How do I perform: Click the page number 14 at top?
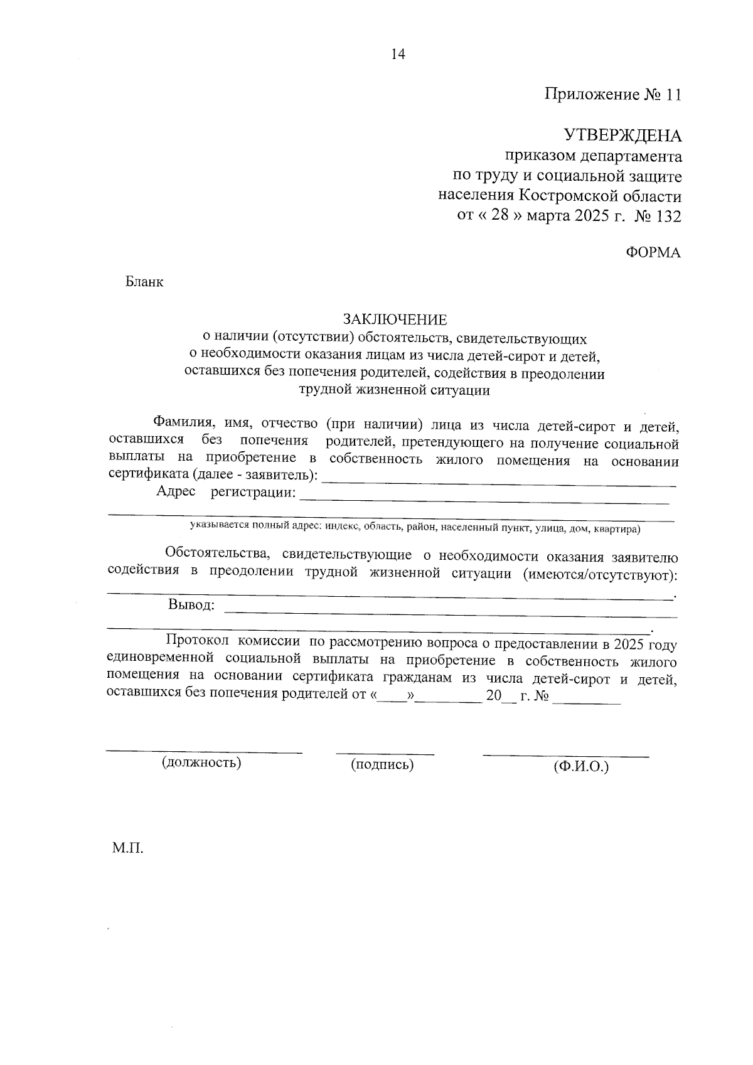[x=398, y=54]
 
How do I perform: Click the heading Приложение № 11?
[x=612, y=95]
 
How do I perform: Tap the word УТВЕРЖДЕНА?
[x=622, y=136]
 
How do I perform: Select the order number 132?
[x=668, y=217]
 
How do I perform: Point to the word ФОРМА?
[x=653, y=252]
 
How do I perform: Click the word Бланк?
[x=144, y=282]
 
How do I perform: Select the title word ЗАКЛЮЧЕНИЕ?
[x=395, y=320]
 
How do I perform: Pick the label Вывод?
[x=191, y=606]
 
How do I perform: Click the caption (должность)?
[x=202, y=763]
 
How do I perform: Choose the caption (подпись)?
[x=382, y=764]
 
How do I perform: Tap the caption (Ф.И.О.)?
[x=580, y=766]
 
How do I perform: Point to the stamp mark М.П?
[x=128, y=849]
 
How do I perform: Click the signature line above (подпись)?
[x=385, y=752]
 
